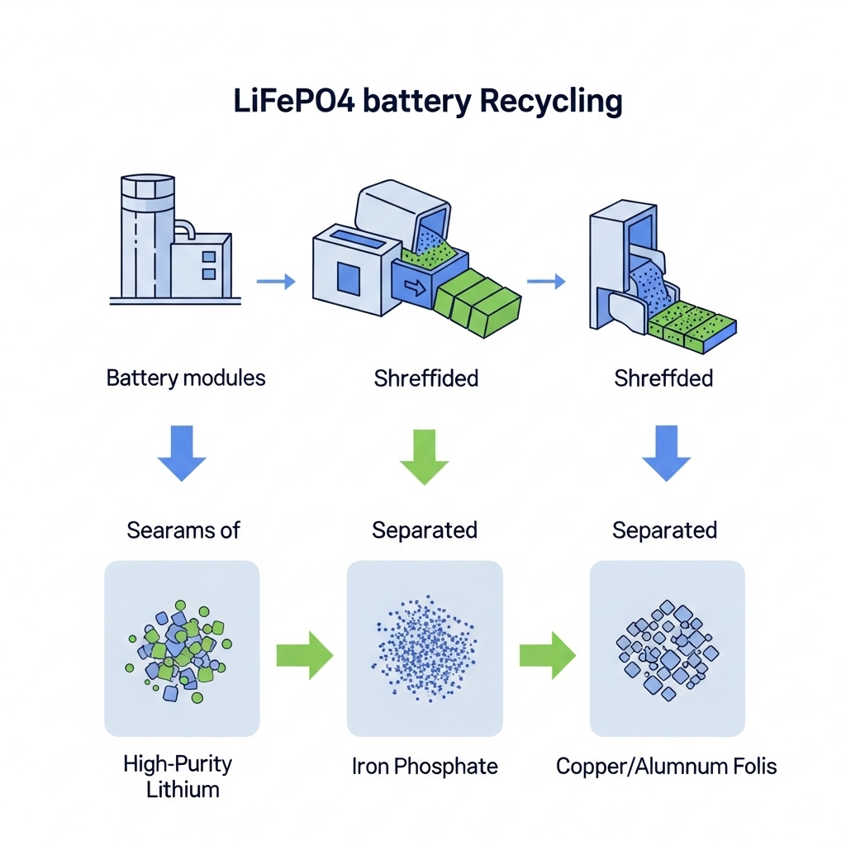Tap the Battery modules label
[x=186, y=378]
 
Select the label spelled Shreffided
[x=425, y=379]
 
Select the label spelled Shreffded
[x=663, y=379]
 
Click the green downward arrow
[x=424, y=454]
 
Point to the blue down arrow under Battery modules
[x=182, y=453]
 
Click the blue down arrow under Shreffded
[x=665, y=453]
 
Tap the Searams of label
[x=183, y=530]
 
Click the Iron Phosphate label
[x=425, y=766]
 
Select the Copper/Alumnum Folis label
[x=666, y=766]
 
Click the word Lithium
[x=183, y=789]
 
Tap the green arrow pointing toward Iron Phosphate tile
[x=304, y=656]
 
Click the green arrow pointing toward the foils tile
[x=547, y=656]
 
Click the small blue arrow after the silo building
[x=276, y=283]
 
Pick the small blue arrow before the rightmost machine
[x=546, y=283]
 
